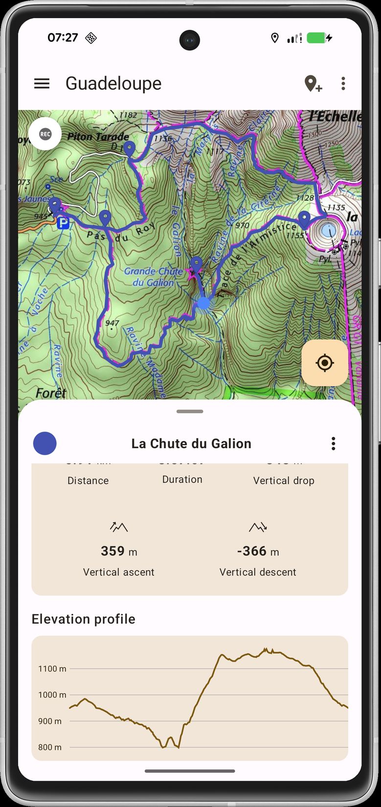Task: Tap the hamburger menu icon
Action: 42,84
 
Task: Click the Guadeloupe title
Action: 113,84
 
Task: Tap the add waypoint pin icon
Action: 313,84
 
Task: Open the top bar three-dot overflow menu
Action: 343,84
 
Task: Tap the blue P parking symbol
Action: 63,224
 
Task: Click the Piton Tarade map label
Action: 98,136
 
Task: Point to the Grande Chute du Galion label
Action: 153,277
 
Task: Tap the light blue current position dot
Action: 203,303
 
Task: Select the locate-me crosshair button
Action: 325,363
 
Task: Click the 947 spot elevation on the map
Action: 112,323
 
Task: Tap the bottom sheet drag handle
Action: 190,412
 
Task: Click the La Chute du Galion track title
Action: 191,443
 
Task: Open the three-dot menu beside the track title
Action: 334,443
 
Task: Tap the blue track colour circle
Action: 45,443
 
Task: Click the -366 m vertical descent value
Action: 258,551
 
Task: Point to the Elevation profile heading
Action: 84,619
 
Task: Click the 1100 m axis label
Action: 52,669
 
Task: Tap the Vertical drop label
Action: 284,480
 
